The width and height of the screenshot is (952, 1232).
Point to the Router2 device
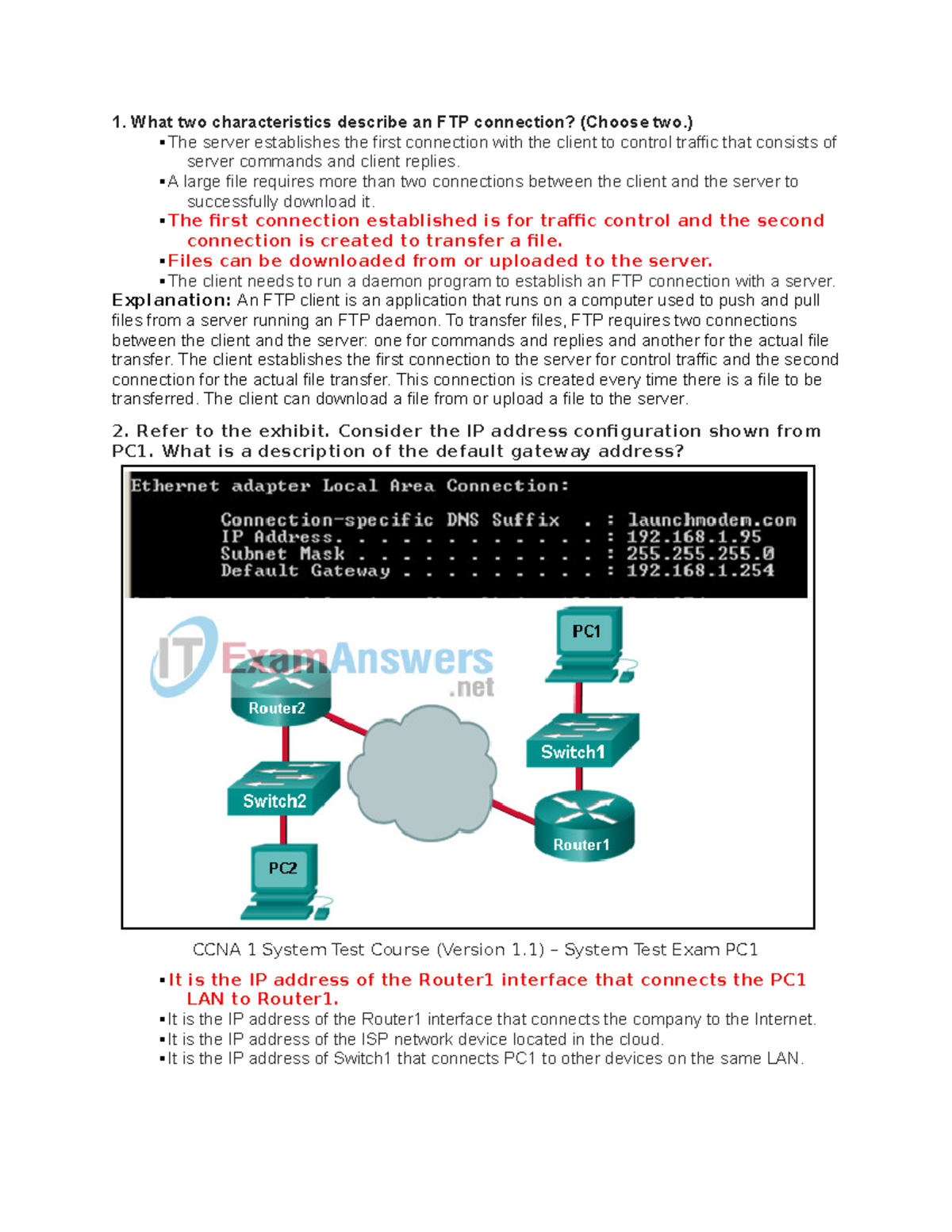pyautogui.click(x=279, y=689)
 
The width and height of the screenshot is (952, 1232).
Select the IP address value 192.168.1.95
pyautogui.click(x=693, y=537)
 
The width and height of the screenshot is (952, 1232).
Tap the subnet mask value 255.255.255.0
pyautogui.click(x=700, y=554)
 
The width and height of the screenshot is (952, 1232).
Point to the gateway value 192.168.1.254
pyautogui.click(x=700, y=570)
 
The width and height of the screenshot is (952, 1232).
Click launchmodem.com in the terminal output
pyautogui.click(x=712, y=520)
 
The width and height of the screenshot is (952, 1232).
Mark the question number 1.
pyautogui.click(x=118, y=122)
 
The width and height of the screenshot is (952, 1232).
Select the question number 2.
pyautogui.click(x=120, y=432)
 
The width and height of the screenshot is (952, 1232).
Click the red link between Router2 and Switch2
pyautogui.click(x=286, y=743)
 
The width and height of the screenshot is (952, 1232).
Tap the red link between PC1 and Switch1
pyautogui.click(x=578, y=698)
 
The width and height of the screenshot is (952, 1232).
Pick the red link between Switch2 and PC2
pyautogui.click(x=283, y=829)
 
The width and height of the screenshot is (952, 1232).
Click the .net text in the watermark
pyautogui.click(x=472, y=688)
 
